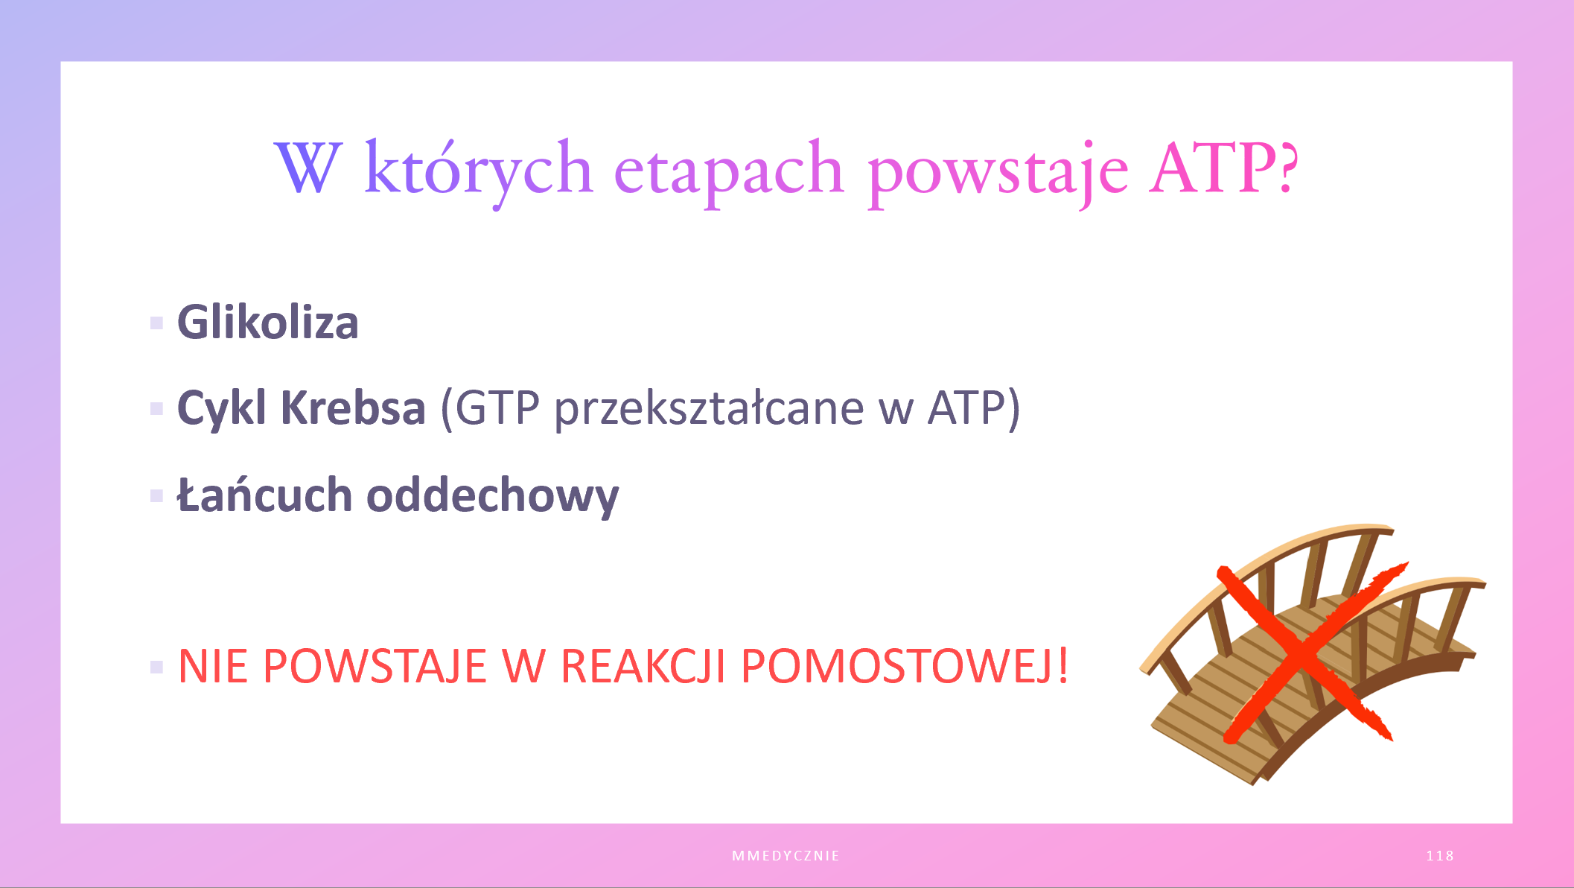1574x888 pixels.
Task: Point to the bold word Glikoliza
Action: pos(268,322)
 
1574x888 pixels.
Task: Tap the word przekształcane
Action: pos(709,410)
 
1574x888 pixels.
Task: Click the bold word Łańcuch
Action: pos(264,495)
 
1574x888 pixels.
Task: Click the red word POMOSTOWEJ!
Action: pos(905,665)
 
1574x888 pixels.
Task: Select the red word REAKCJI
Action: pos(643,665)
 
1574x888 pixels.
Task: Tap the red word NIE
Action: pos(212,665)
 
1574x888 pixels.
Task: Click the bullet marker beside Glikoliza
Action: pos(156,323)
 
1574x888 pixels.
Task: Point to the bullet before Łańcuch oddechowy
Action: pos(156,495)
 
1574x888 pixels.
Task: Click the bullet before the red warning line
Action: pos(156,666)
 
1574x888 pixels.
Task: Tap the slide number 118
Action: pos(1440,856)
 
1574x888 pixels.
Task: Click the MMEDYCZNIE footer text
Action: pos(786,856)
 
